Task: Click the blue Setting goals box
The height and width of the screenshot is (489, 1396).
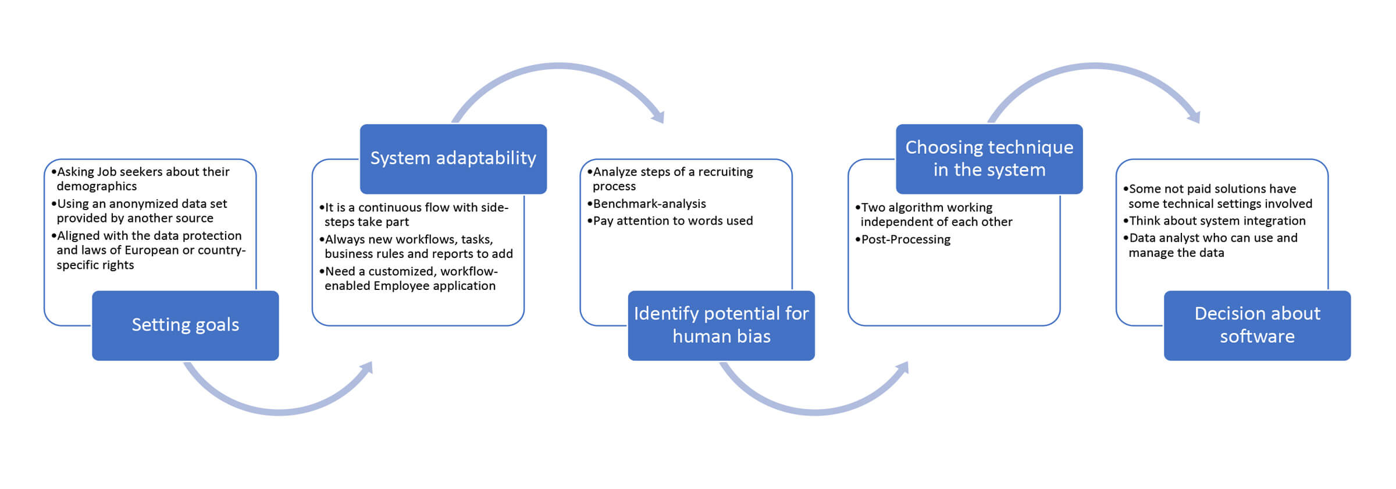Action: (186, 325)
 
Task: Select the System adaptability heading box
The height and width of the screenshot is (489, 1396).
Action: (454, 159)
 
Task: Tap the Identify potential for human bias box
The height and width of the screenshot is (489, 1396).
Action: (721, 325)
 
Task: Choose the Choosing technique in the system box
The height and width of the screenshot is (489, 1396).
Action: (989, 159)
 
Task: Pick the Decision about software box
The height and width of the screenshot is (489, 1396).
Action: (1258, 325)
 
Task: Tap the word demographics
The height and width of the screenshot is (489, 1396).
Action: (97, 186)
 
